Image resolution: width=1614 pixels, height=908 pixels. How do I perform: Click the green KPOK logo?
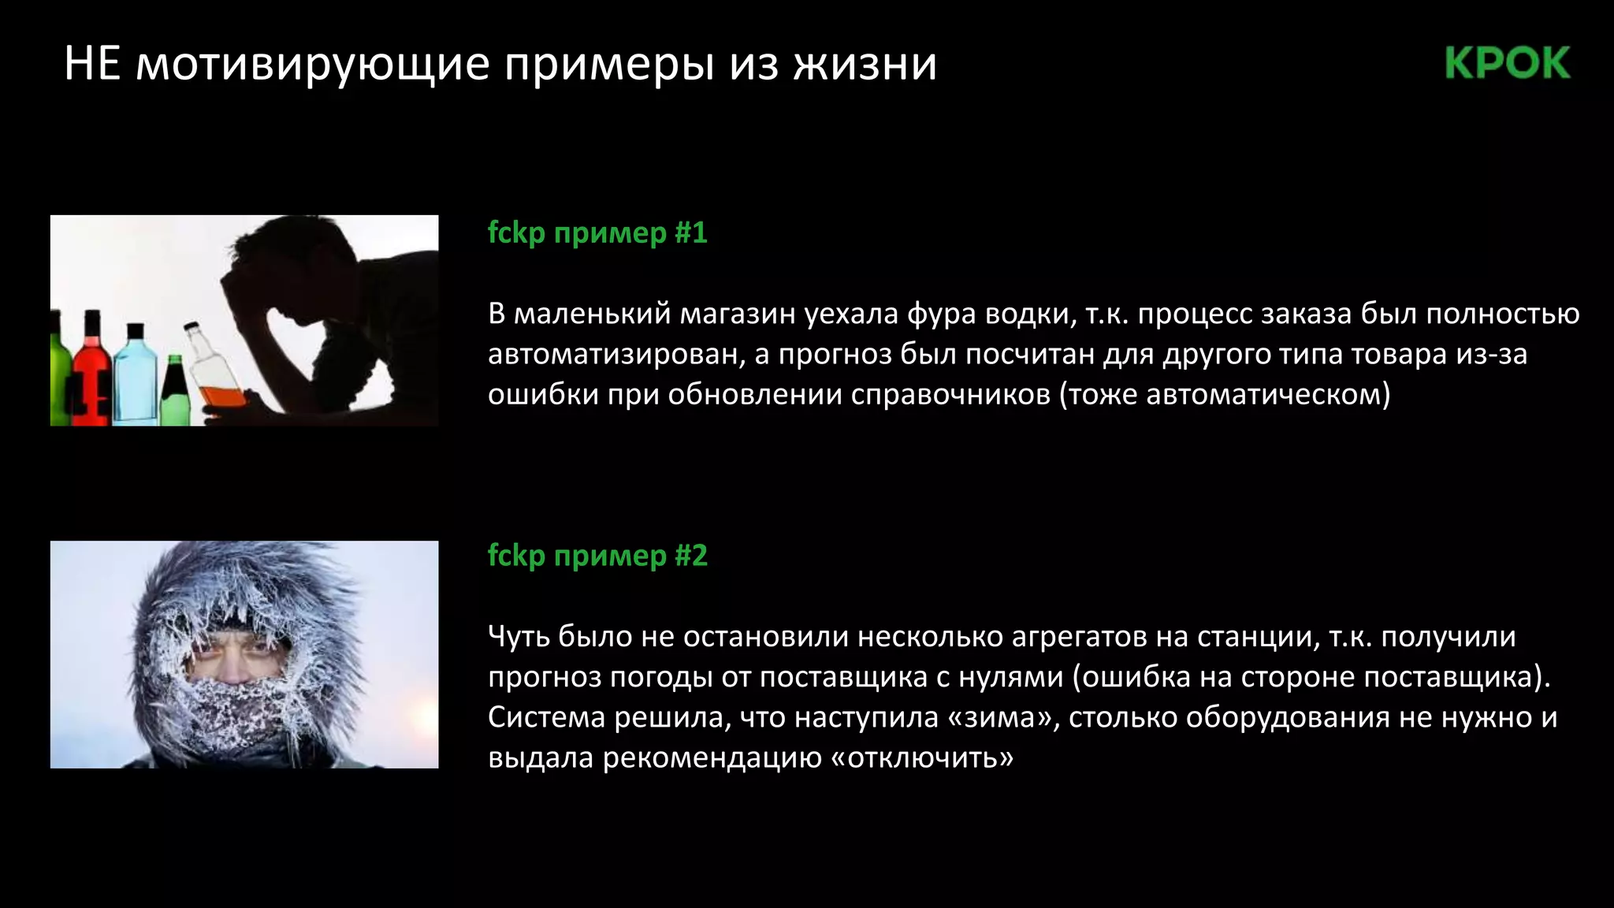coord(1508,63)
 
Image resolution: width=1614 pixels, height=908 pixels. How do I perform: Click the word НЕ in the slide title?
coord(91,63)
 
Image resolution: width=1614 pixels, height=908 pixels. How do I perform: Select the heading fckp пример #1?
coord(597,233)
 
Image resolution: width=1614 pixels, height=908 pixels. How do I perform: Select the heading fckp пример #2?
coord(597,556)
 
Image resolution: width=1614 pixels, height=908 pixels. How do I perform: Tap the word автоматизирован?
coord(615,354)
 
